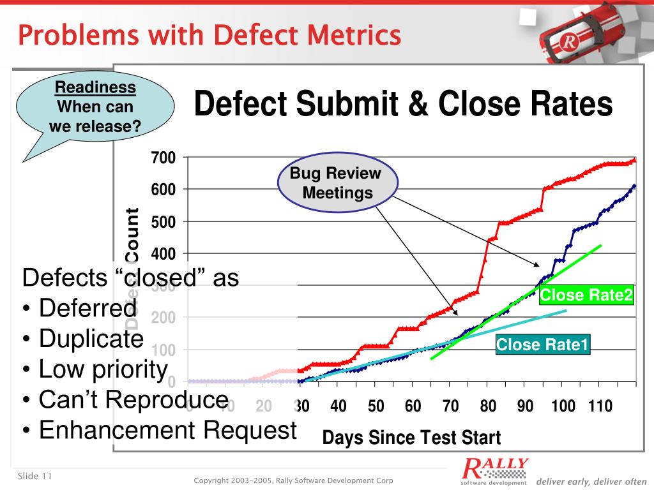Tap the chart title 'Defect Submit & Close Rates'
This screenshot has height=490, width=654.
(403, 104)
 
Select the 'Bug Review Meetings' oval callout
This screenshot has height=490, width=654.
(337, 183)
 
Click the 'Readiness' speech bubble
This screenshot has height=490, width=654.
(95, 107)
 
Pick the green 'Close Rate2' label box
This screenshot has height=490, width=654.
(586, 295)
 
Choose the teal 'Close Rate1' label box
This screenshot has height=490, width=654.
(543, 345)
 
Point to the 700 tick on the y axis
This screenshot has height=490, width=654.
(163, 158)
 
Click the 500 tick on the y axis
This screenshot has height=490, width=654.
(163, 221)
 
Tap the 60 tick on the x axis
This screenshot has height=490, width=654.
(413, 406)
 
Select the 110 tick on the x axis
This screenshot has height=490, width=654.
(600, 406)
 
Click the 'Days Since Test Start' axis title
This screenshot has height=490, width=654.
(411, 438)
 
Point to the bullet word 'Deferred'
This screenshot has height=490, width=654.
(87, 308)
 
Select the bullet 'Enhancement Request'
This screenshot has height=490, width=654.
(167, 430)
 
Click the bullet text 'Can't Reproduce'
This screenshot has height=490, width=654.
(133, 399)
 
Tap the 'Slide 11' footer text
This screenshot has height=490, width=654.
(34, 477)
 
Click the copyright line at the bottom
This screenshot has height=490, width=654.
(293, 480)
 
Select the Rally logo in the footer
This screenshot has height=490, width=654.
(495, 471)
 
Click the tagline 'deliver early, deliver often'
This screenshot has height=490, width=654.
(591, 481)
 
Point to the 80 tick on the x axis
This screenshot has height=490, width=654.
(489, 406)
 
